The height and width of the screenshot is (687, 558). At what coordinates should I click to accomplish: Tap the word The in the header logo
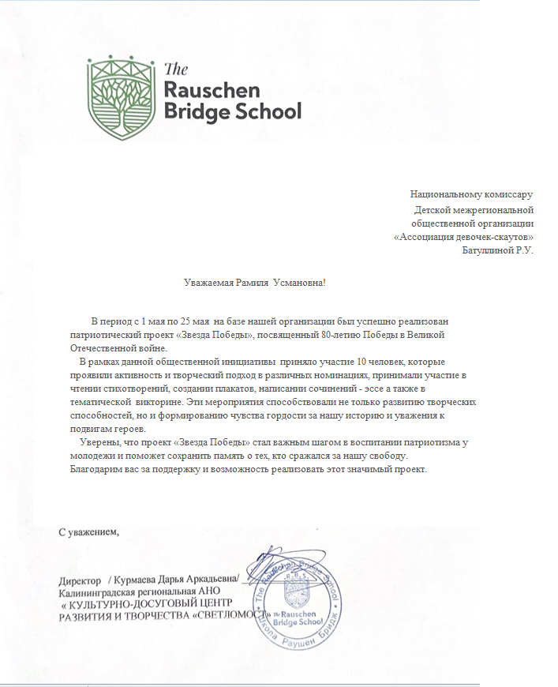click(x=174, y=68)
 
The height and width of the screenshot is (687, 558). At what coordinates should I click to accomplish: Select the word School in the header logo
click(x=269, y=111)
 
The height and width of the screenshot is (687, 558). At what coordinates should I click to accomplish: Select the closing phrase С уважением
click(x=90, y=530)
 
